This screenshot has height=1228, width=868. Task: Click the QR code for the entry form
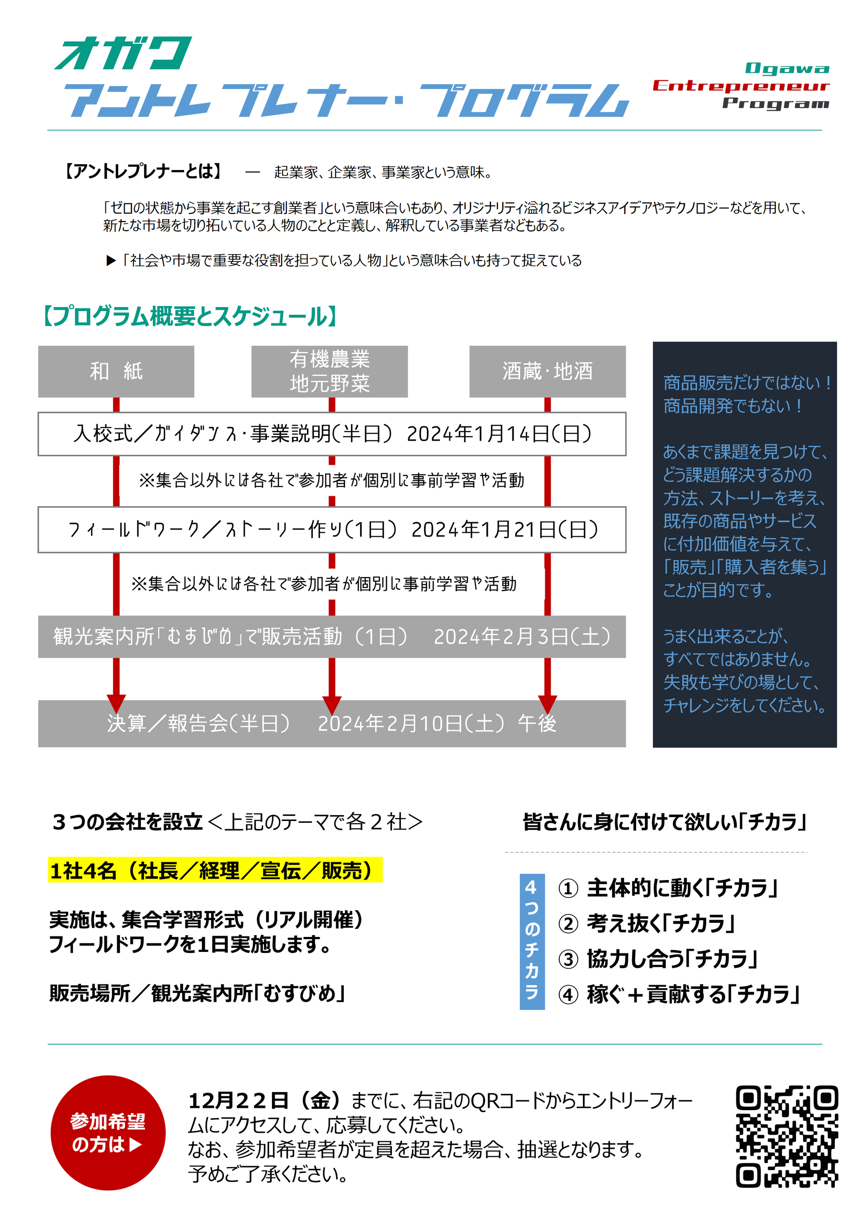786,1136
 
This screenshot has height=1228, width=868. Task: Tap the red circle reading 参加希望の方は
108,1133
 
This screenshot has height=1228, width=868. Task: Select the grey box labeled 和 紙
116,371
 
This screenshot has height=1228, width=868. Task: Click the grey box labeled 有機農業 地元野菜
330,371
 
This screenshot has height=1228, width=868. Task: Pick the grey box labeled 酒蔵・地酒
547,371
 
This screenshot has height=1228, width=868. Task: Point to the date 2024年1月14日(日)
498,434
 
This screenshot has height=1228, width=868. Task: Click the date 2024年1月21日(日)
504,529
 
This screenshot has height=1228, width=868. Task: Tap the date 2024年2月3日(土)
522,636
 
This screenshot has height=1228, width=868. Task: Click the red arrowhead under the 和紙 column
116,703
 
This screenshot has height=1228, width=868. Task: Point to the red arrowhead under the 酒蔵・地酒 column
547,703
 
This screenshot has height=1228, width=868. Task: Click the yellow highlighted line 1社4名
215,870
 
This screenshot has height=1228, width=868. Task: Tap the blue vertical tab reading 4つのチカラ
532,941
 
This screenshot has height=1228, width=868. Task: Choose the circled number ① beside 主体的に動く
568,888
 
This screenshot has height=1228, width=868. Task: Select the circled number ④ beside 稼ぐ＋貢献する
568,995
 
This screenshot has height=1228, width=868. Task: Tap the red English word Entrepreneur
741,86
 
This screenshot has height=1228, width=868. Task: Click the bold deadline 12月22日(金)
264,1101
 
